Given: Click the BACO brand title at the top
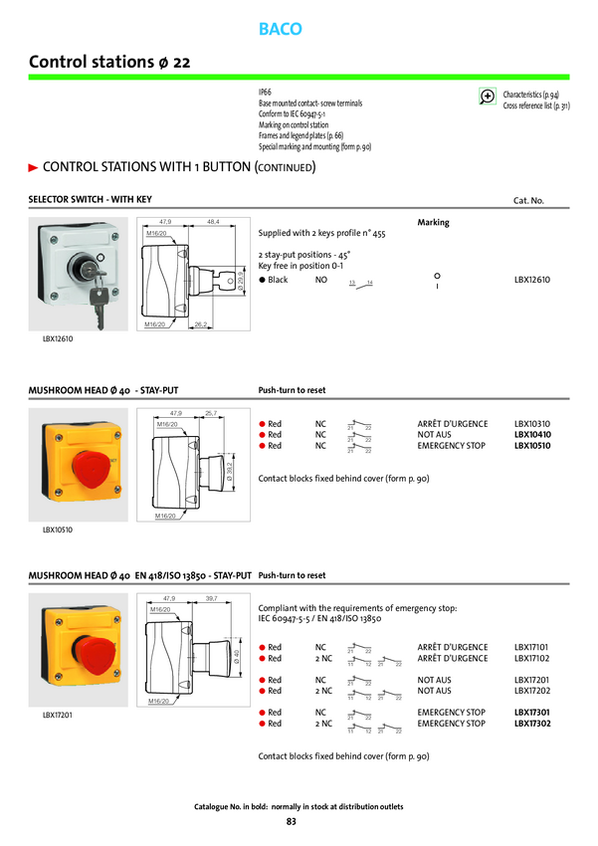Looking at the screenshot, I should (x=280, y=30).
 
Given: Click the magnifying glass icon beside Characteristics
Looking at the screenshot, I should (x=488, y=97).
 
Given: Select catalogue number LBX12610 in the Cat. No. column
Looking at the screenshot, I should (x=532, y=281).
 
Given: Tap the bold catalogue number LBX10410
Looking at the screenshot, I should (x=532, y=435).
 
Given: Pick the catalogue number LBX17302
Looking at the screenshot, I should (x=532, y=724).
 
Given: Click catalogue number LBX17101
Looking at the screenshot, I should (x=532, y=647).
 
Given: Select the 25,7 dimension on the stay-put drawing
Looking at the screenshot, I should (x=211, y=412).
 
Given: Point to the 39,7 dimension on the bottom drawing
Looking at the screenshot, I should (x=211, y=598).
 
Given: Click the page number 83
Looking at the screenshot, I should (x=291, y=821).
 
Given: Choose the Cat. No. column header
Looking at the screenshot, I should (x=528, y=201).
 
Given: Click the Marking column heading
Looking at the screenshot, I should (x=433, y=223).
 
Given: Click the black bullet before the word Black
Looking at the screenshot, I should (x=262, y=281).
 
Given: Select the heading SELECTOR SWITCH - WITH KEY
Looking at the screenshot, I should (x=91, y=200).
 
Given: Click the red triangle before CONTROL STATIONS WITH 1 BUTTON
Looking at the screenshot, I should (x=33, y=166).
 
